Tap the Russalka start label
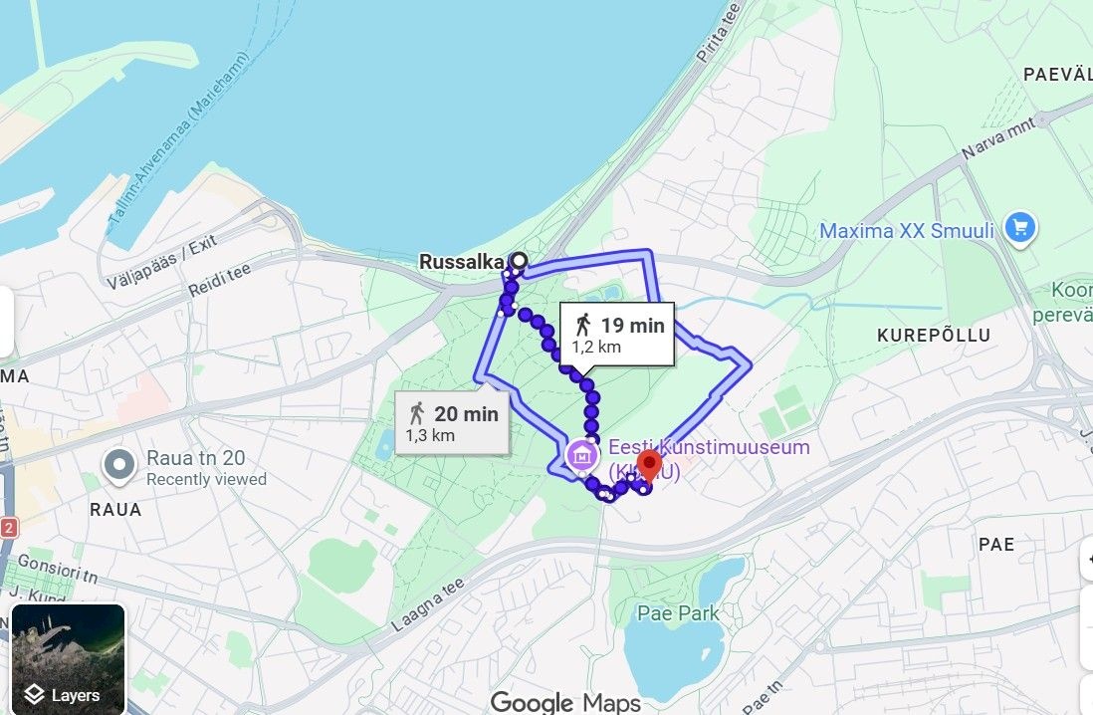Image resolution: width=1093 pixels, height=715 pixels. pyautogui.click(x=462, y=262)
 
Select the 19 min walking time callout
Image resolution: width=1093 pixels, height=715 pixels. pyautogui.click(x=617, y=333)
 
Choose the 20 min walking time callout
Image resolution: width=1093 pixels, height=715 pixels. pyautogui.click(x=453, y=422)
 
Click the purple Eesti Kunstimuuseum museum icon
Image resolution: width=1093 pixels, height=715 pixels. pyautogui.click(x=581, y=456)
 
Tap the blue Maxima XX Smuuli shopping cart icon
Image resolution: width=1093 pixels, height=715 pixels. pyautogui.click(x=1019, y=229)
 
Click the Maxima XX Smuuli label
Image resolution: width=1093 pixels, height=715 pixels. pyautogui.click(x=906, y=231)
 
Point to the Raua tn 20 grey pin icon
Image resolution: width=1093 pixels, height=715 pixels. pyautogui.click(x=120, y=464)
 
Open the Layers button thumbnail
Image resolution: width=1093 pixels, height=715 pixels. pyautogui.click(x=69, y=659)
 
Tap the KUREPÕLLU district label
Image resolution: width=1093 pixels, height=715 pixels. pyautogui.click(x=934, y=336)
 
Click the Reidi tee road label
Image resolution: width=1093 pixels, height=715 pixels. pyautogui.click(x=218, y=278)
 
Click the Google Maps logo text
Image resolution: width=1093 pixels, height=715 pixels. pyautogui.click(x=565, y=702)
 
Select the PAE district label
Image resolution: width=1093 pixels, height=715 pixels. pyautogui.click(x=995, y=545)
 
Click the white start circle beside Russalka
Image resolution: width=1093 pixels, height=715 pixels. pyautogui.click(x=519, y=261)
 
